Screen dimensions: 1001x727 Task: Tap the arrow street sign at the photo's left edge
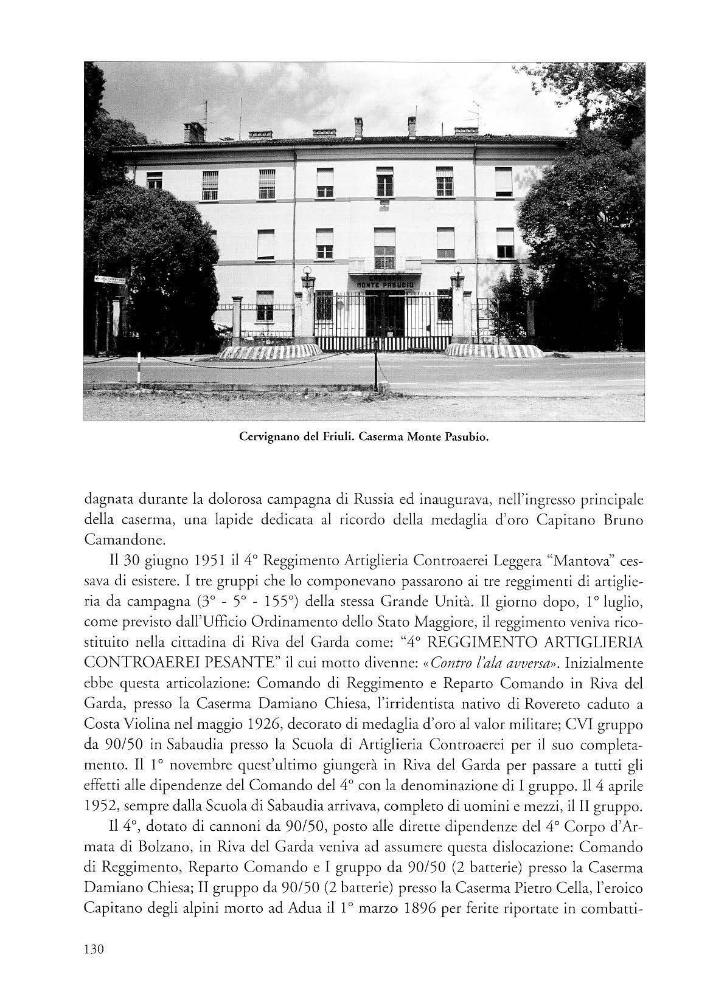(110, 280)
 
